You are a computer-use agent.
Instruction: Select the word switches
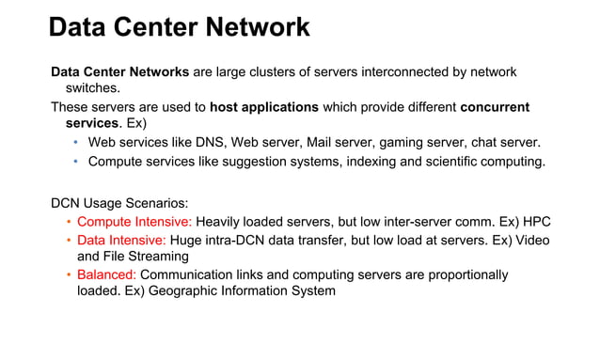point(92,88)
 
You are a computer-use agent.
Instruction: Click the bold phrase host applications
point(264,106)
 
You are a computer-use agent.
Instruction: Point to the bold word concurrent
point(495,106)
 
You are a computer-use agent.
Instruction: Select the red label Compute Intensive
point(134,222)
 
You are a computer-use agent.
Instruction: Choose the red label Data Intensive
point(121,240)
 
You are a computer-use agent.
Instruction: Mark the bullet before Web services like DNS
point(77,142)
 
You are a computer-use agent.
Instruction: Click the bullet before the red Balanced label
point(69,274)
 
